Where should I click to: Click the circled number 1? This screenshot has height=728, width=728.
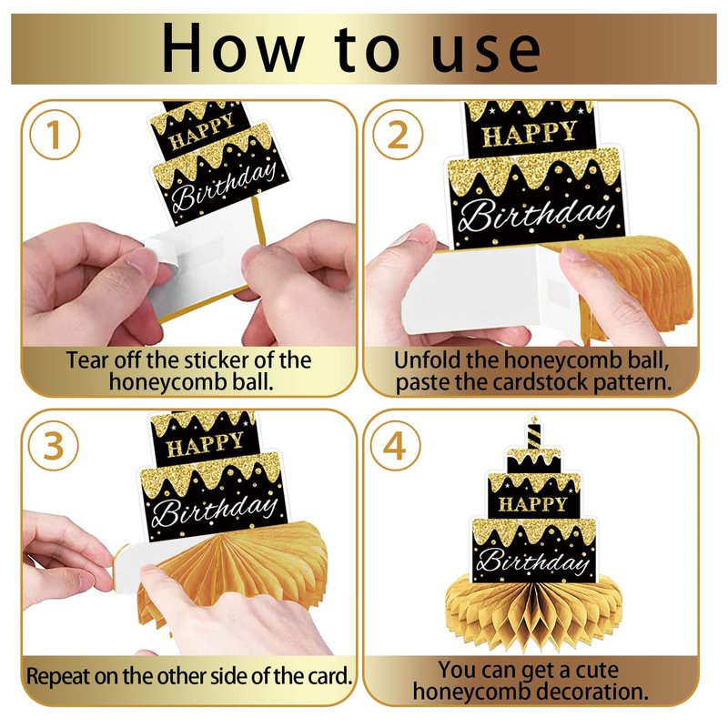[x=55, y=135]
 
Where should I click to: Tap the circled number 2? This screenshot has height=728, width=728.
[x=398, y=135]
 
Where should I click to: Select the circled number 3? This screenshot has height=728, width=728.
[x=54, y=446]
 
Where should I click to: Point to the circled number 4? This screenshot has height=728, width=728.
[x=395, y=446]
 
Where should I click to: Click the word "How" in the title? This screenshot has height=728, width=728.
[x=233, y=48]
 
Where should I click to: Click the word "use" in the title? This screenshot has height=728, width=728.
[x=486, y=53]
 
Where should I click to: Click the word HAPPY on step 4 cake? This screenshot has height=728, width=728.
[x=533, y=503]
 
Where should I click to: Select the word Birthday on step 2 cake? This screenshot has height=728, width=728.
[x=535, y=215]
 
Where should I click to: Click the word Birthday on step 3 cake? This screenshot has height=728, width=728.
[x=215, y=509]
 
